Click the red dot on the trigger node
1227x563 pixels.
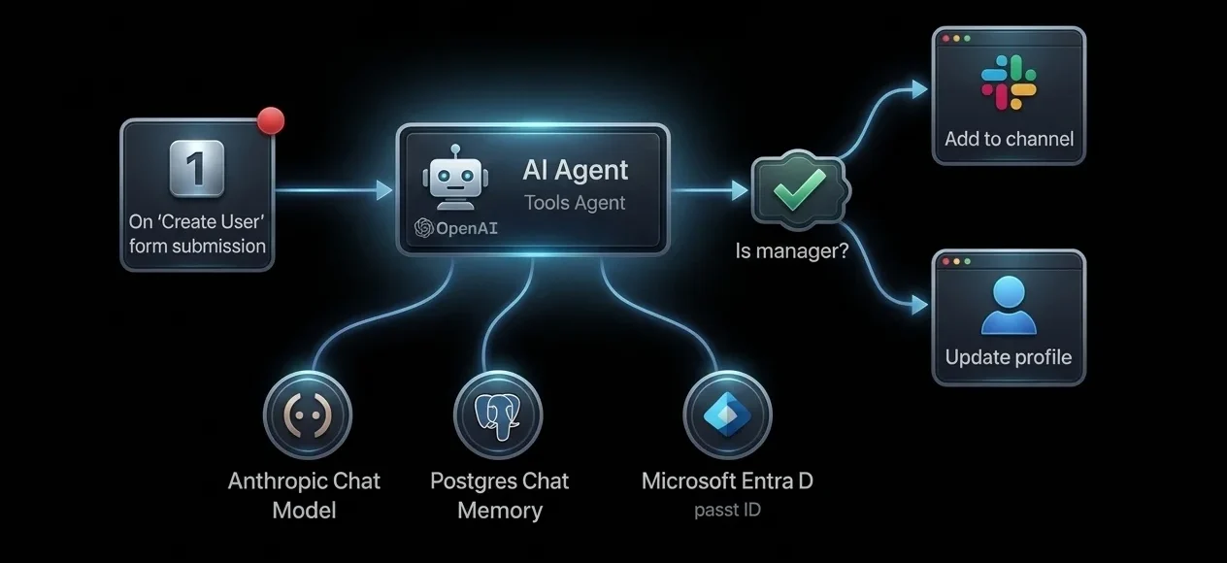click(x=271, y=121)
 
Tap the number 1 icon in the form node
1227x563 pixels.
click(x=196, y=168)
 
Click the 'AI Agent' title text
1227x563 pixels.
click(x=576, y=170)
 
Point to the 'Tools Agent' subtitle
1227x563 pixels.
click(x=575, y=203)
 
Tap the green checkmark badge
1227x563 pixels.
click(x=800, y=190)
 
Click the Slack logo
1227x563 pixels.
click(x=1008, y=82)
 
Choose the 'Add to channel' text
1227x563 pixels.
click(x=1009, y=139)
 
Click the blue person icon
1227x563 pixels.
click(x=1009, y=305)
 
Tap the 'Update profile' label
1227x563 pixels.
click(x=1009, y=357)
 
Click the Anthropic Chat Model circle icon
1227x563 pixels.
click(x=307, y=414)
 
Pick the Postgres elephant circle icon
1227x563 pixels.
click(x=497, y=414)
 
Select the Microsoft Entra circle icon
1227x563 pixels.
click(x=727, y=414)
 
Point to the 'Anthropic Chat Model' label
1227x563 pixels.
click(x=304, y=495)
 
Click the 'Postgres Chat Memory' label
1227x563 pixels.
click(x=499, y=495)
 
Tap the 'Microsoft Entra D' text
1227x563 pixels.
click(x=727, y=480)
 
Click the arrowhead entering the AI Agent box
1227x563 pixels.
click(x=384, y=189)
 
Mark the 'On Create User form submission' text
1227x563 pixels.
click(x=197, y=233)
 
